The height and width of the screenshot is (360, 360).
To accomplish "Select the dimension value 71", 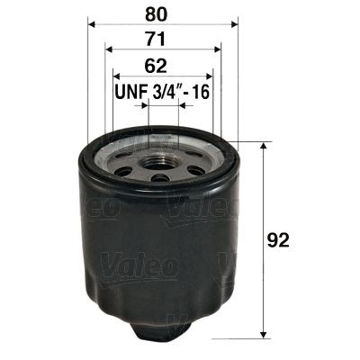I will coord(160,40).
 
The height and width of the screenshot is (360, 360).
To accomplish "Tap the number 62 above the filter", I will coord(160,66).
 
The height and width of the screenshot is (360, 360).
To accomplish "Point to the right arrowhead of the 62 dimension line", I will coord(210,78).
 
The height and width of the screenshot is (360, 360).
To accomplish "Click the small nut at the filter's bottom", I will coord(162,338).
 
